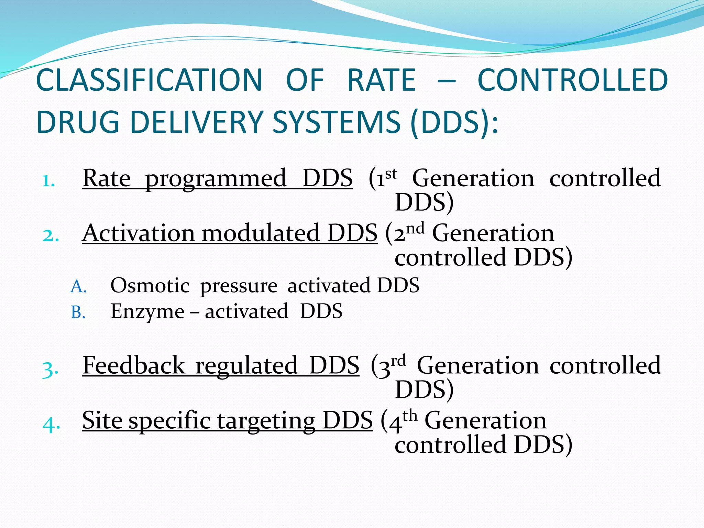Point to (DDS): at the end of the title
(x=454, y=122)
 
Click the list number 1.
(x=48, y=181)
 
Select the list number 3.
(x=50, y=370)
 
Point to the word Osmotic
(x=150, y=286)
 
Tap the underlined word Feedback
(x=134, y=365)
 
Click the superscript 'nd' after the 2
(x=415, y=228)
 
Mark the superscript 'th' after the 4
(x=410, y=416)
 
